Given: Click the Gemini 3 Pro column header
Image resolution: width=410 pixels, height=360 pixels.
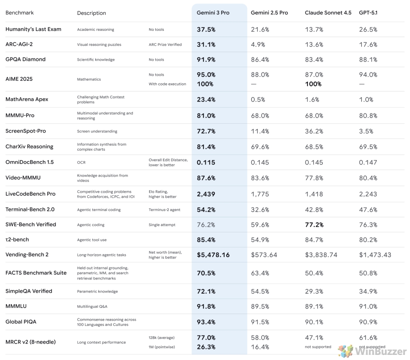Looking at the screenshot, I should click(213, 12).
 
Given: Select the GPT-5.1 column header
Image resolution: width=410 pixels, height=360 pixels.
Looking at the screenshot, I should click(368, 12).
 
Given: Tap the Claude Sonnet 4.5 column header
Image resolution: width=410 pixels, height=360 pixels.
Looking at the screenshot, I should click(328, 12).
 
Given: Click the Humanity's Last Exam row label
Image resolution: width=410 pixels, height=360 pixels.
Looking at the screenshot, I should click(33, 29).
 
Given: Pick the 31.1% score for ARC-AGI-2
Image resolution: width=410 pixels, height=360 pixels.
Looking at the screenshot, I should click(206, 45).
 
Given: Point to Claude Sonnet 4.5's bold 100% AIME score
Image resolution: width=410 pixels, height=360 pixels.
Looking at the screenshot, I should click(313, 84).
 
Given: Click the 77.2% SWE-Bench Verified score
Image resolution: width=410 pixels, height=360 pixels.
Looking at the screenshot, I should click(314, 225).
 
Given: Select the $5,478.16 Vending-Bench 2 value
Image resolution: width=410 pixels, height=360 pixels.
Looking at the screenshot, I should click(213, 255).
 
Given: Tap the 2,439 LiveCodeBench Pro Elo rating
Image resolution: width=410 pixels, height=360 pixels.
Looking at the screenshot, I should click(206, 194).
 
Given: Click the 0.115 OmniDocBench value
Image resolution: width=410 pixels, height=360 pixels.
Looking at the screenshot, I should click(206, 162).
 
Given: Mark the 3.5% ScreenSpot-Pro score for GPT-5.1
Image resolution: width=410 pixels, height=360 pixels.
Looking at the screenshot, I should click(366, 131).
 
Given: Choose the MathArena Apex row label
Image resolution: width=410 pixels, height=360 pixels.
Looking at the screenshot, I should click(27, 99).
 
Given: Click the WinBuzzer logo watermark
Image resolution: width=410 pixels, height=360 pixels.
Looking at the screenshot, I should click(372, 351).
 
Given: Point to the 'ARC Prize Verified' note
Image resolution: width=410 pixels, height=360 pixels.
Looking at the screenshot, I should click(165, 45).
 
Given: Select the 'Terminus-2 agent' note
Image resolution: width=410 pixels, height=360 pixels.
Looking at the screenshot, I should click(164, 210).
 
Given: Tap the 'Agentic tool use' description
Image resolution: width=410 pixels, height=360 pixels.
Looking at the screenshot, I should click(92, 240).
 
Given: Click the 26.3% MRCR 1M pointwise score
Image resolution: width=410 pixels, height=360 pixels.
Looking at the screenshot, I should click(206, 347).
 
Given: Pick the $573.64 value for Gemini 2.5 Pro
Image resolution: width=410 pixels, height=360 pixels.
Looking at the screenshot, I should click(264, 255).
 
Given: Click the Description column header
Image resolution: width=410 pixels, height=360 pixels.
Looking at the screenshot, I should click(91, 13).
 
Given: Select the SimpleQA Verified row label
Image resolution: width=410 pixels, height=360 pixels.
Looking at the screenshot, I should click(29, 291).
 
